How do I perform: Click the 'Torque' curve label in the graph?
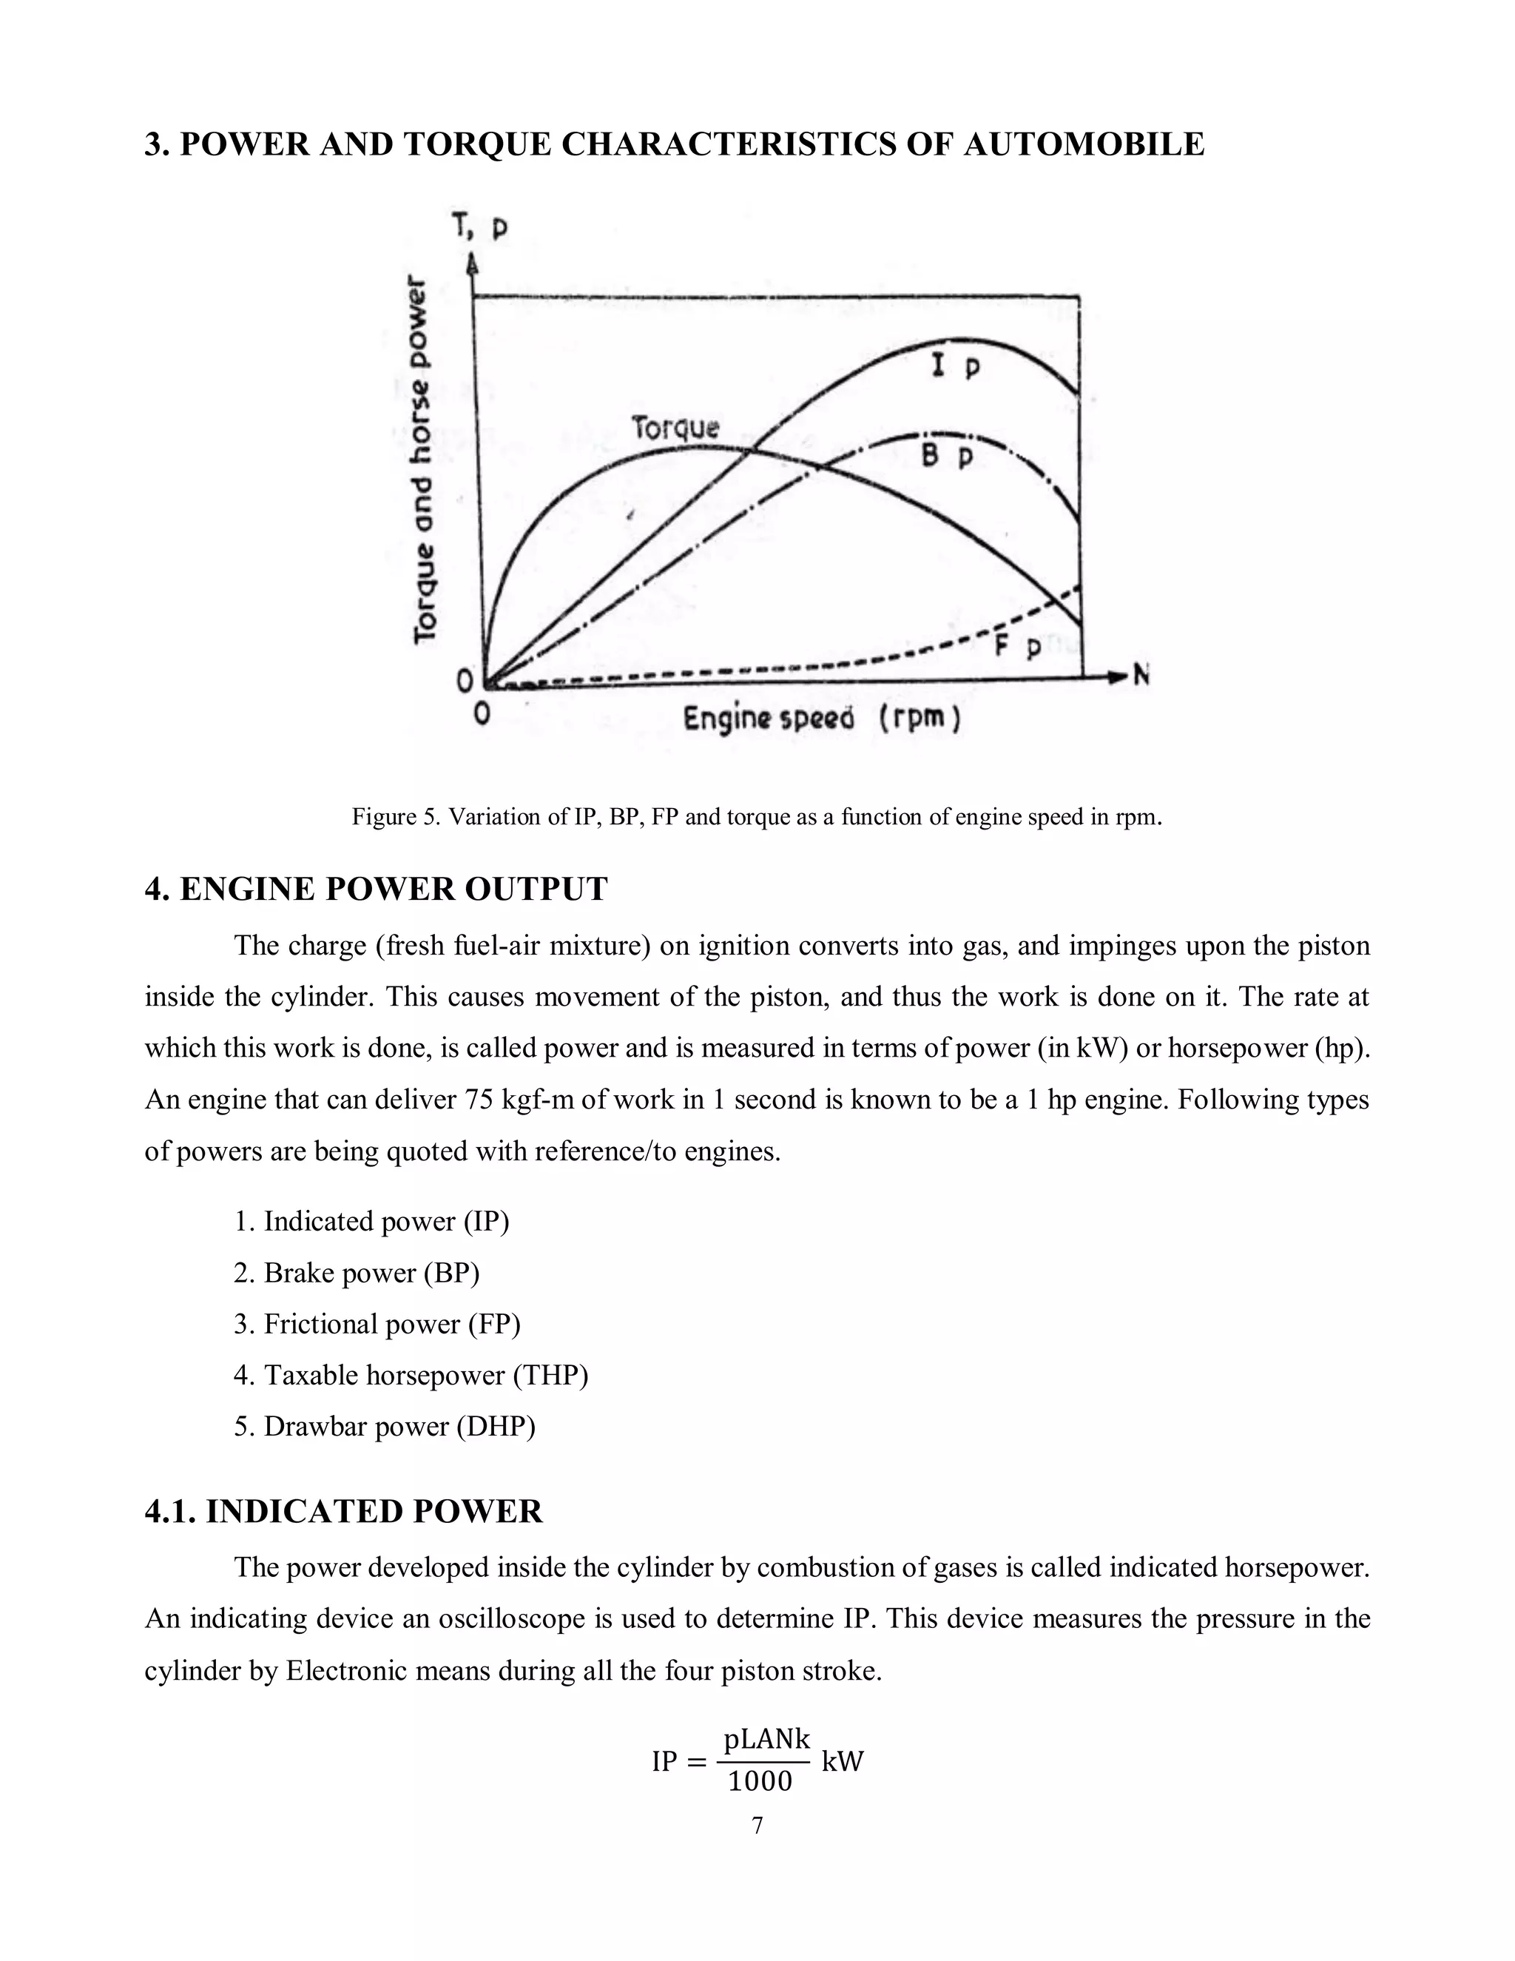[675, 428]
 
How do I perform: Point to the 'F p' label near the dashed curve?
[1018, 645]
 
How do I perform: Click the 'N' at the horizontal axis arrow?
[1141, 674]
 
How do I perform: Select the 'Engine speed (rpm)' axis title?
[821, 719]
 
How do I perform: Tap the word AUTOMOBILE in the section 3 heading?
[1083, 144]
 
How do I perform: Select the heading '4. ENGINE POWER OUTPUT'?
[376, 889]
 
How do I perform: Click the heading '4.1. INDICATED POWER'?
[344, 1511]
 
